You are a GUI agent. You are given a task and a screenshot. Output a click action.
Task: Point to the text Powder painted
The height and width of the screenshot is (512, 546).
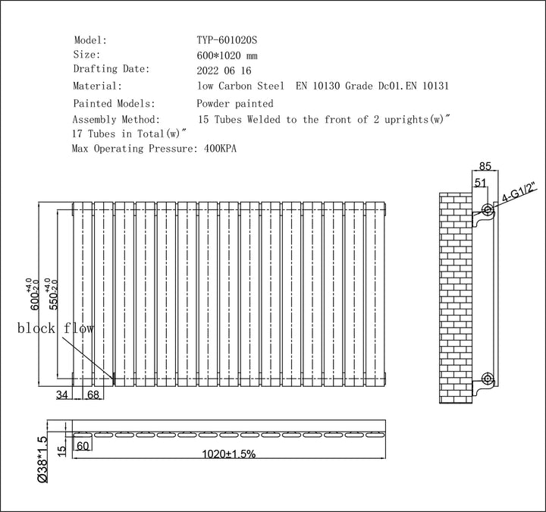tap(234, 103)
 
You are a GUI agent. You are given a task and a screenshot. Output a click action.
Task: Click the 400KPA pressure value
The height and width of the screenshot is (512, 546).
tap(221, 149)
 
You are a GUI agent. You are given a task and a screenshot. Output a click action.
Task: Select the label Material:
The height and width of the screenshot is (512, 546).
tap(97, 86)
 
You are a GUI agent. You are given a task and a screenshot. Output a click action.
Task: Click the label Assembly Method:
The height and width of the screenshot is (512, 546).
tap(116, 120)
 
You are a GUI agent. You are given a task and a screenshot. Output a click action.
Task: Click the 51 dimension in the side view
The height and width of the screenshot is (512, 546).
tap(479, 182)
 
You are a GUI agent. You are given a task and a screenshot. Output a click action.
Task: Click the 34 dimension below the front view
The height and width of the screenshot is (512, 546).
tap(63, 394)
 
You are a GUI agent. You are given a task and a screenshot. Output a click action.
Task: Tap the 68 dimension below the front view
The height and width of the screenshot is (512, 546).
tap(93, 394)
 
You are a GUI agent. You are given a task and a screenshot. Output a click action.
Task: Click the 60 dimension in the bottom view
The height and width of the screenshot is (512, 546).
tap(83, 446)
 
